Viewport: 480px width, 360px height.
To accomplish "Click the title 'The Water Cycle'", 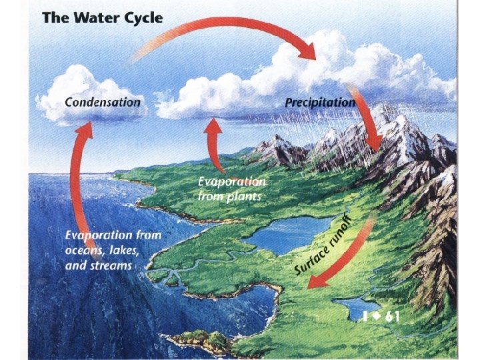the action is coord(102,18).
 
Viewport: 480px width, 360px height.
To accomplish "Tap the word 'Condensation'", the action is coord(103,103).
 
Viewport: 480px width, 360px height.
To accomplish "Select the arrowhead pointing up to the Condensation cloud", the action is coord(83,131).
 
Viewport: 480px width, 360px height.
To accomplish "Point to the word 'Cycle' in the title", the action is coord(138,18).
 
